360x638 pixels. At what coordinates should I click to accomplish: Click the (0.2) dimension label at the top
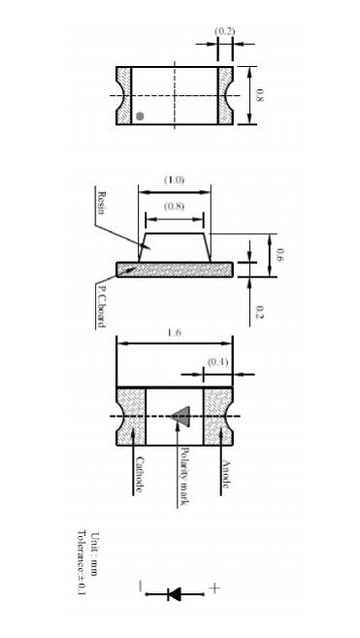pos(224,31)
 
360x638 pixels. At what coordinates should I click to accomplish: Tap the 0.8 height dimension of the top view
pos(259,96)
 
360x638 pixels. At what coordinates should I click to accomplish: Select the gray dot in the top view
pos(140,117)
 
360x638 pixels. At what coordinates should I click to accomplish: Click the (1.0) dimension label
pos(174,180)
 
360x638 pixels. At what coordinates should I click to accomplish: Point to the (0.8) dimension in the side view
pos(174,206)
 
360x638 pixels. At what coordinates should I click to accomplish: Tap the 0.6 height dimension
pos(279,255)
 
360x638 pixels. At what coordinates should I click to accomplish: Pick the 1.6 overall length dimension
pos(174,333)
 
